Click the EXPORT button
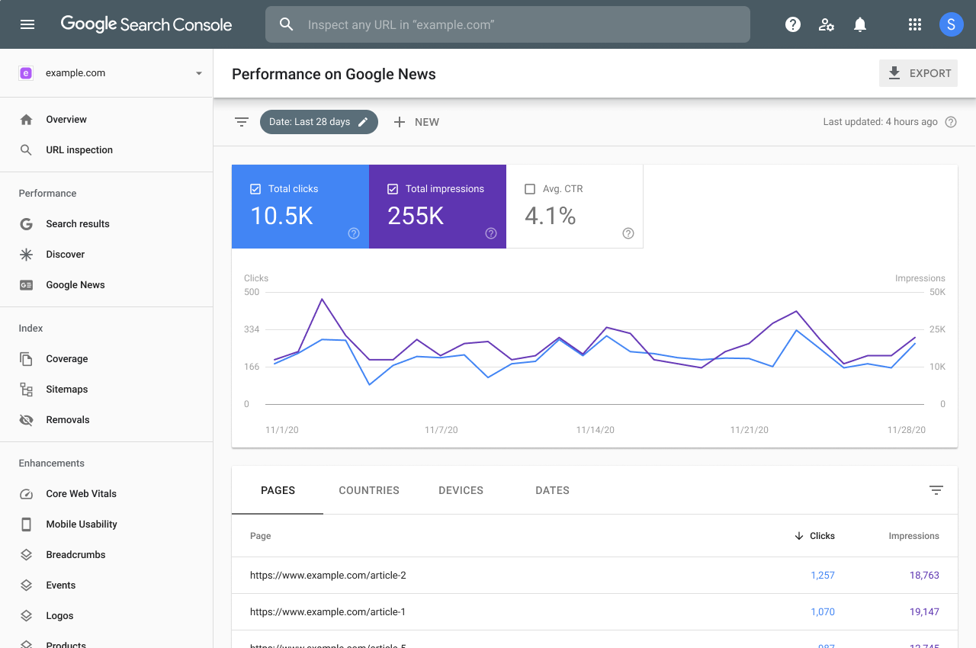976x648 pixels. (x=918, y=74)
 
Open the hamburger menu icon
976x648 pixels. (x=27, y=24)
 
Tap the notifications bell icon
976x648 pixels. (x=860, y=24)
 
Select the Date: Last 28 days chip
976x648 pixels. (x=318, y=122)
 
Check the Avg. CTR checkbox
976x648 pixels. (x=530, y=189)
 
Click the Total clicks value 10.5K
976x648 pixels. (x=281, y=216)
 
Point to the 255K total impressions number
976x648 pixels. (x=416, y=216)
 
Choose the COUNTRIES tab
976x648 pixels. (x=369, y=490)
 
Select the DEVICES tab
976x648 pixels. (x=461, y=490)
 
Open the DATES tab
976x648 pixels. (x=552, y=490)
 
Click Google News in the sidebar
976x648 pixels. (x=75, y=285)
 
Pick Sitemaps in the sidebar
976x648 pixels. (x=66, y=390)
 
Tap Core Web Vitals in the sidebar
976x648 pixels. (x=81, y=494)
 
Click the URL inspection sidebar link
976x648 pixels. (x=79, y=150)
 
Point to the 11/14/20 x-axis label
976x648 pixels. (x=595, y=430)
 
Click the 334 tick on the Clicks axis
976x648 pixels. (x=252, y=329)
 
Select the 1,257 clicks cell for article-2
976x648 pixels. (x=823, y=576)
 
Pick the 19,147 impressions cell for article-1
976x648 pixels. (x=924, y=612)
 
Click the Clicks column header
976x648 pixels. (x=821, y=536)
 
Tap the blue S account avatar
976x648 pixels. (x=951, y=24)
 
